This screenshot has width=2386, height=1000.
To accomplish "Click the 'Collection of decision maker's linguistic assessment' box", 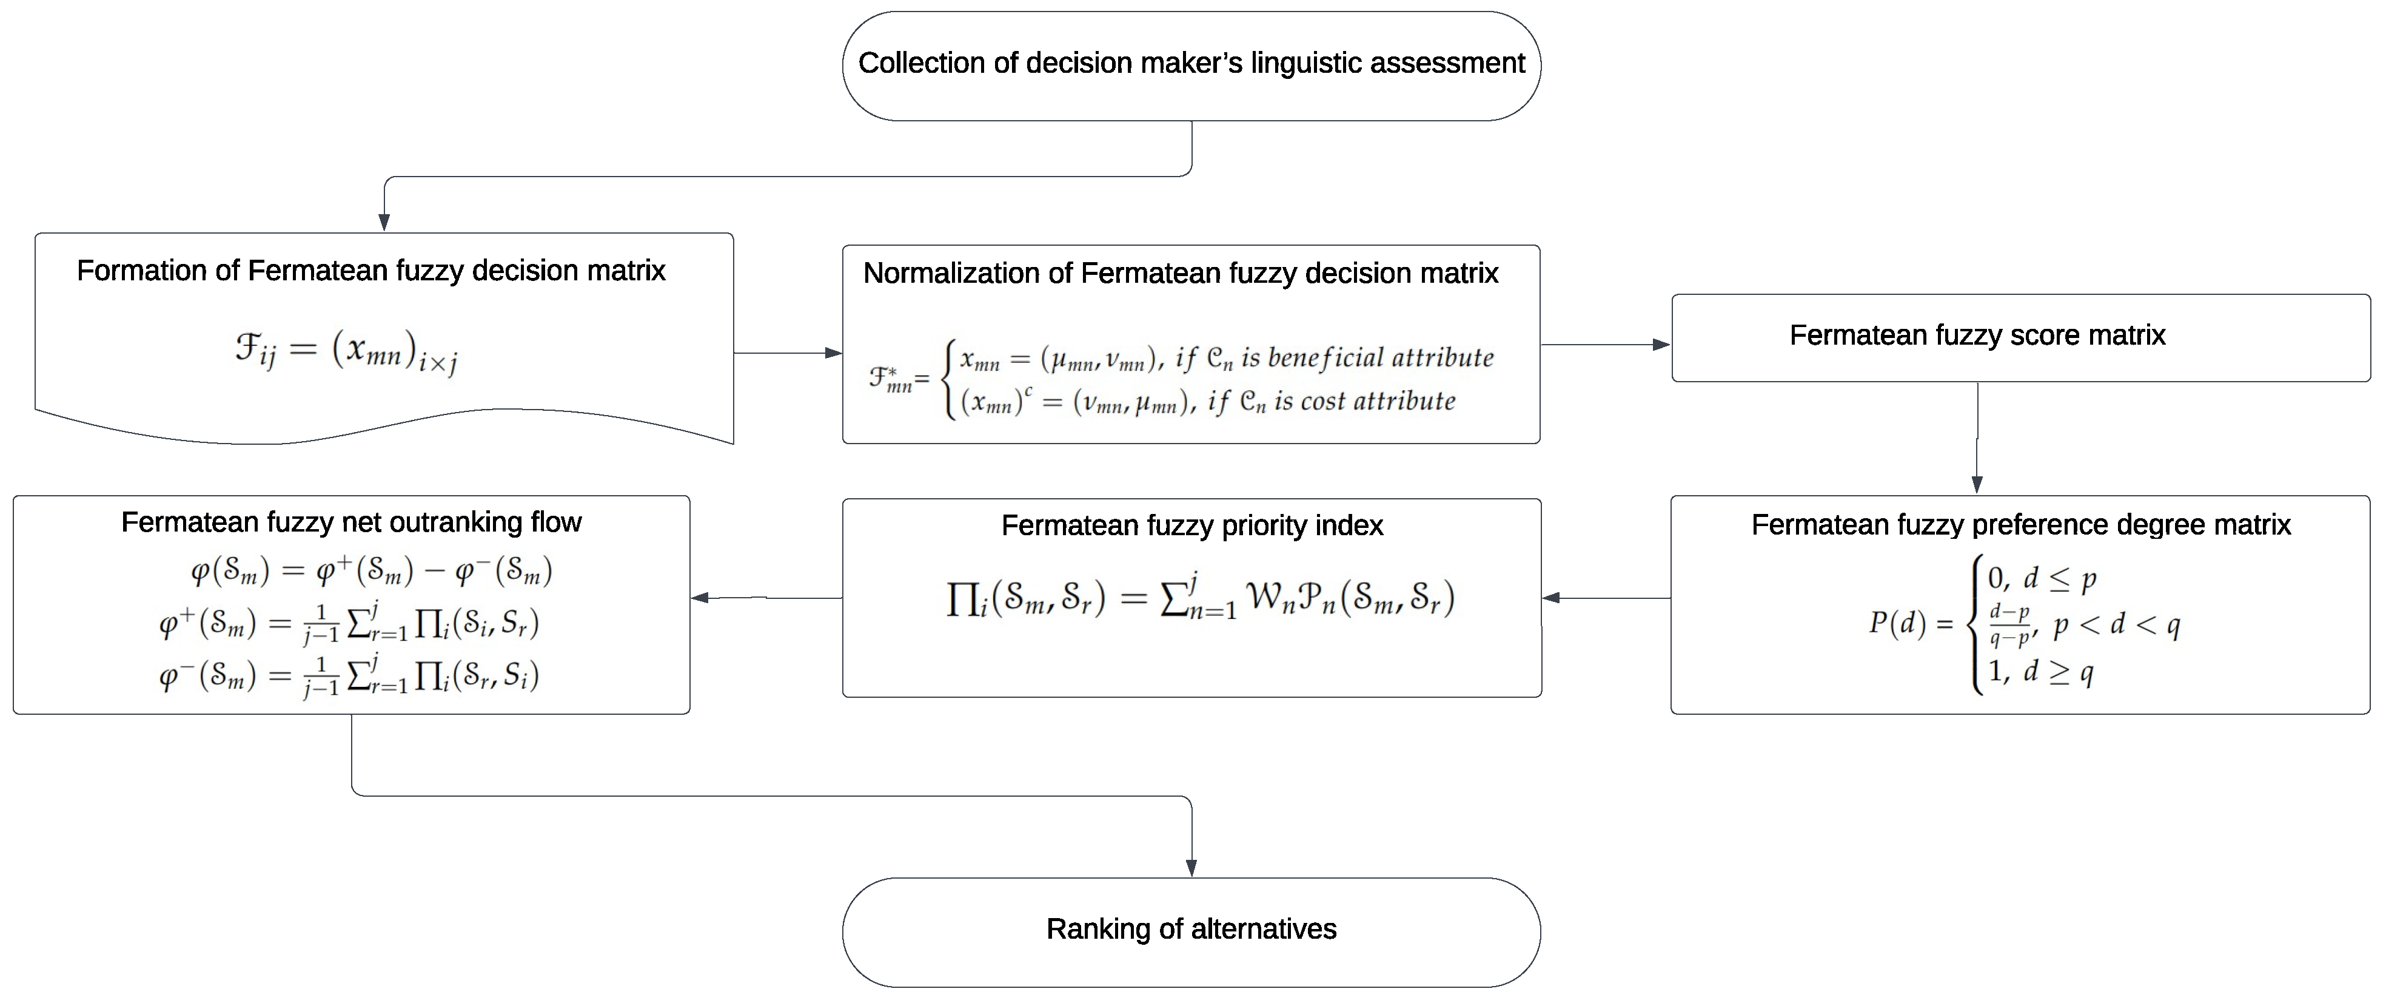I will [1191, 65].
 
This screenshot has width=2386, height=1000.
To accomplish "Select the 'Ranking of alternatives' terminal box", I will [1191, 930].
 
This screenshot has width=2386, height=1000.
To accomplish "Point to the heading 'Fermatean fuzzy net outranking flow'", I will [351, 522].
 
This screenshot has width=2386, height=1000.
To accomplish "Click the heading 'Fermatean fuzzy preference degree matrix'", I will [2020, 524].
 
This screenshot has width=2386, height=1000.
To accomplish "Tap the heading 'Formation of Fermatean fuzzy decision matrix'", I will [370, 271].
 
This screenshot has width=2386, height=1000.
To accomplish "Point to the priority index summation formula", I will [1199, 598].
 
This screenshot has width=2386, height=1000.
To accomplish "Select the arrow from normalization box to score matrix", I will [1605, 345].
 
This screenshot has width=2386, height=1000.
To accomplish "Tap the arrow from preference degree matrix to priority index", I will [1606, 598].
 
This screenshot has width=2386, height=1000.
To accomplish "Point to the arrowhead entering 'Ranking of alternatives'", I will [1191, 868].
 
